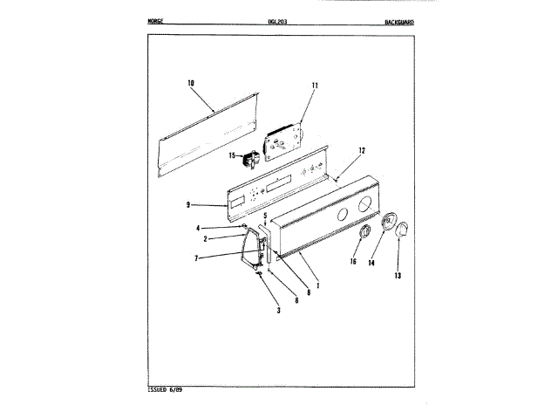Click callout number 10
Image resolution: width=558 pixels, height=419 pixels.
point(190,83)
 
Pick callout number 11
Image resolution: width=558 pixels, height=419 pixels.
point(315,85)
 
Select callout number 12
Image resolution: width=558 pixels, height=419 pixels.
point(361,149)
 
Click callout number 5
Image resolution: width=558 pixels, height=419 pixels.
point(265,215)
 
